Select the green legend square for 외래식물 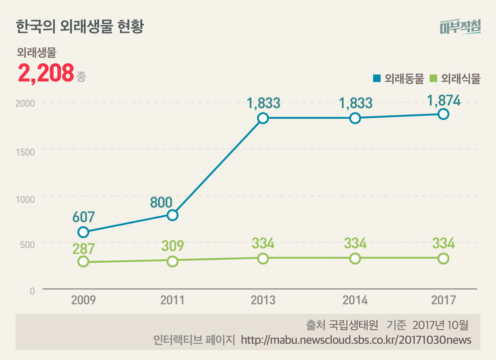coord(434,78)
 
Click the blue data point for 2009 coord(83,232)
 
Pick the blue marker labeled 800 coord(173,215)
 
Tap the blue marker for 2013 coord(263,118)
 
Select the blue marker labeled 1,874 coord(444,114)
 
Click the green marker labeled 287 coord(83,261)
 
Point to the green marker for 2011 coord(173,261)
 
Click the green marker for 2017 coord(444,258)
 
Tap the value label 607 coord(83,216)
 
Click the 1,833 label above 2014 coord(355,103)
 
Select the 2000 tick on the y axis coord(25,104)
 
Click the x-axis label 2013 coord(263,300)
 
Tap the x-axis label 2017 coord(444,300)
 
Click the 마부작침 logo coord(460,26)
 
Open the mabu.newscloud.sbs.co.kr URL coord(356,340)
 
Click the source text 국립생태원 coord(353,325)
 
